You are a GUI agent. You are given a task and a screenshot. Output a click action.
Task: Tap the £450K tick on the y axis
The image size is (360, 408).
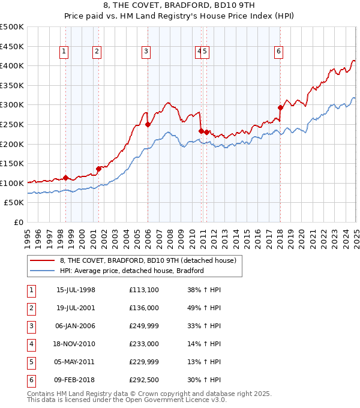[12, 46]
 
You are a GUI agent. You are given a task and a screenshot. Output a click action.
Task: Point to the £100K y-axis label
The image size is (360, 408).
[12, 183]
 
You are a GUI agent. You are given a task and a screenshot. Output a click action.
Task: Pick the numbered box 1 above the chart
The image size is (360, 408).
[64, 52]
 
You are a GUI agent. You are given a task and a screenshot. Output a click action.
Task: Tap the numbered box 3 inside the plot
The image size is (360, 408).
[146, 52]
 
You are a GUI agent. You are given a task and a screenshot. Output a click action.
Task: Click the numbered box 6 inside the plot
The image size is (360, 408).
[279, 52]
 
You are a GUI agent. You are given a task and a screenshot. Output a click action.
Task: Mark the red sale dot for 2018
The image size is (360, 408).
[280, 108]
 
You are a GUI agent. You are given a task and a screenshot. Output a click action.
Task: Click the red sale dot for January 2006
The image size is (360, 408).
[148, 125]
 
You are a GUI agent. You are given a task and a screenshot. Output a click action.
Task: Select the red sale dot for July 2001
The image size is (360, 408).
[99, 169]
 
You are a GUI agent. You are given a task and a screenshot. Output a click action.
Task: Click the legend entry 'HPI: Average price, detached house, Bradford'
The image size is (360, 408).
[132, 271]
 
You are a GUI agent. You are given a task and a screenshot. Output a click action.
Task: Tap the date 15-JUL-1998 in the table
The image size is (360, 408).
[76, 290]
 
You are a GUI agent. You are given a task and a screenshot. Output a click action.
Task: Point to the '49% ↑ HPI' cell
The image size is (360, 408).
[203, 308]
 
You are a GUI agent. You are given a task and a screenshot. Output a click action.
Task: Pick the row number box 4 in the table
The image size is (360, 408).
[31, 344]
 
